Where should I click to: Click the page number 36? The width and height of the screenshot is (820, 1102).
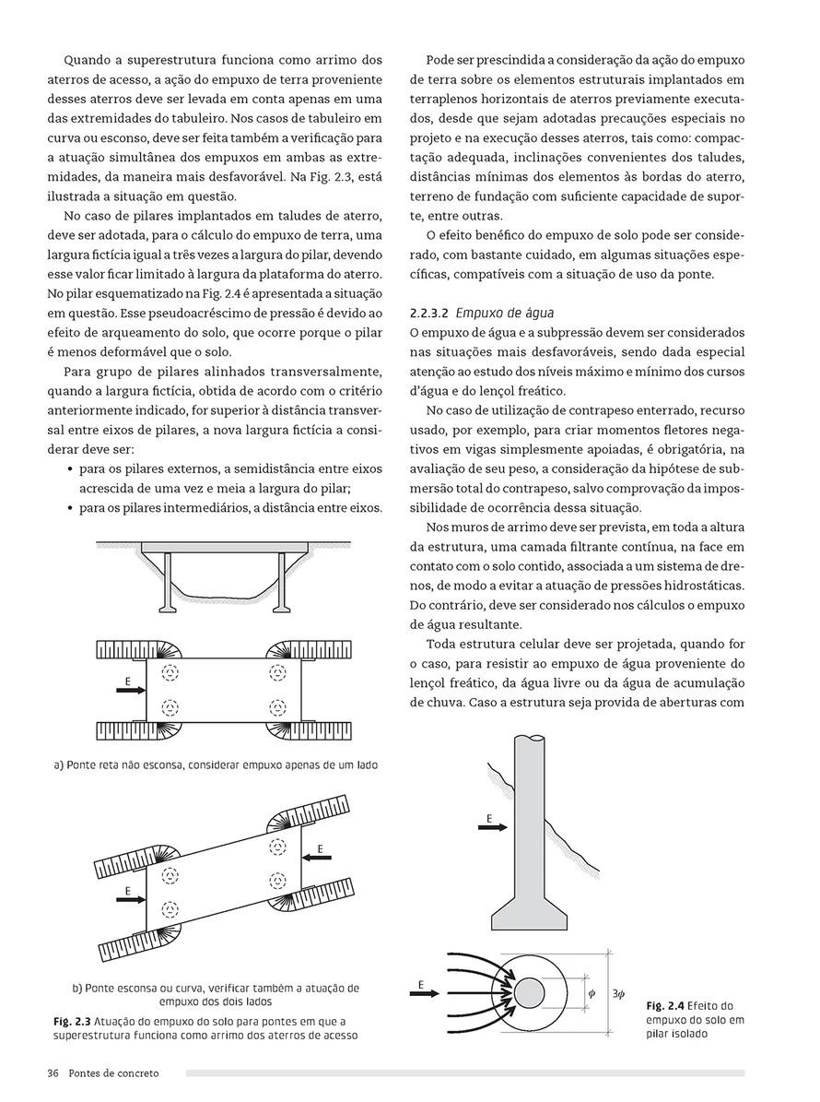pyautogui.click(x=53, y=1073)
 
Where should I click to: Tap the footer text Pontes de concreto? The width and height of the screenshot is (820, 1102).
pyautogui.click(x=113, y=1073)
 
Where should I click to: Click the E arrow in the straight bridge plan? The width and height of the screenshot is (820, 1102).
pyautogui.click(x=129, y=689)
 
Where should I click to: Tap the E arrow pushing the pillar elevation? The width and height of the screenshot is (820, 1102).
pyautogui.click(x=492, y=828)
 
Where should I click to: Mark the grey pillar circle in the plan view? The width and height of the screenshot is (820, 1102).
pyautogui.click(x=529, y=993)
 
